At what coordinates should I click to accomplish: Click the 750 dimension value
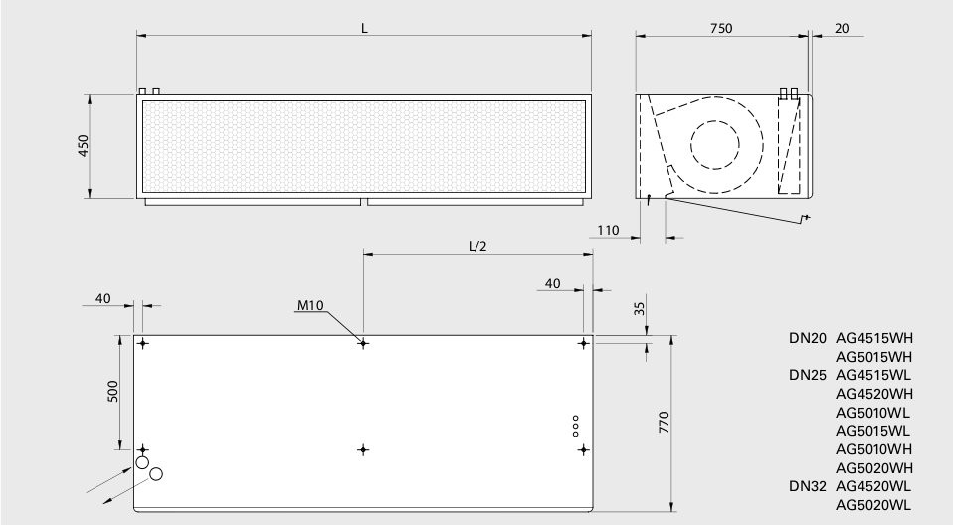pyautogui.click(x=721, y=28)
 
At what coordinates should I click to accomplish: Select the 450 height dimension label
pyautogui.click(x=84, y=146)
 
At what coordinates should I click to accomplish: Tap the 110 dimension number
pyautogui.click(x=608, y=230)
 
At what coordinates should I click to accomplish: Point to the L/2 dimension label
pyautogui.click(x=477, y=247)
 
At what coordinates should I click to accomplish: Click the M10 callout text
pyautogui.click(x=310, y=305)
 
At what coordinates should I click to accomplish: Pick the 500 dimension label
pyautogui.click(x=113, y=392)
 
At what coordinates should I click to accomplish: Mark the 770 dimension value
pyautogui.click(x=664, y=422)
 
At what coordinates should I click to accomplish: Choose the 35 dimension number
pyautogui.click(x=640, y=308)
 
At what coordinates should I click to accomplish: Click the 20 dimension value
pyautogui.click(x=842, y=28)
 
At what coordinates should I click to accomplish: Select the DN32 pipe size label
pyautogui.click(x=808, y=486)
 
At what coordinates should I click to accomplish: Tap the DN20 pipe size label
pyautogui.click(x=808, y=338)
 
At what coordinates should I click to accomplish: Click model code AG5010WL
pyautogui.click(x=872, y=413)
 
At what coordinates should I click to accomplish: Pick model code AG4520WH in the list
pyautogui.click(x=874, y=394)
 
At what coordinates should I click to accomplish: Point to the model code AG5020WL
pyautogui.click(x=872, y=505)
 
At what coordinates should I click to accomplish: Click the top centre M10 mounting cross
pyautogui.click(x=363, y=343)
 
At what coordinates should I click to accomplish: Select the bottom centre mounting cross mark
pyautogui.click(x=363, y=449)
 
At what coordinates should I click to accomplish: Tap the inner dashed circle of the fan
pyautogui.click(x=715, y=145)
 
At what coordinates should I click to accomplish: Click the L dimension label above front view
pyautogui.click(x=365, y=28)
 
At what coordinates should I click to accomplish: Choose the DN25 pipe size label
pyautogui.click(x=808, y=375)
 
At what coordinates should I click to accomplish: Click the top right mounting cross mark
pyautogui.click(x=584, y=343)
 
